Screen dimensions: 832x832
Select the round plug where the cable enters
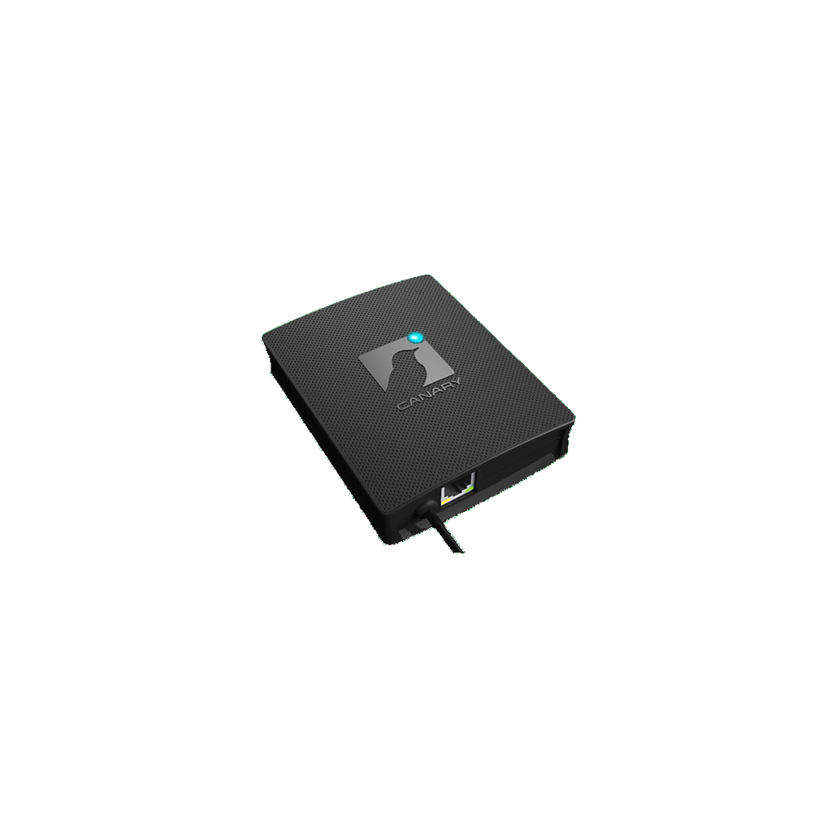coord(425,509)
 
